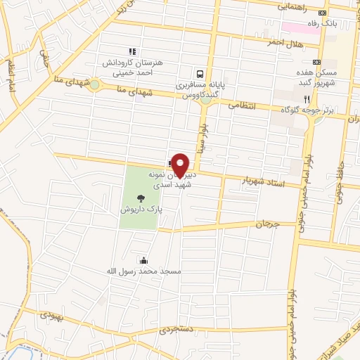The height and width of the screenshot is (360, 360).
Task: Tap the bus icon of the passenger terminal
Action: click(x=200, y=73)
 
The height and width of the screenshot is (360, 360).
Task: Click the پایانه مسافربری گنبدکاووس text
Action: click(x=200, y=87)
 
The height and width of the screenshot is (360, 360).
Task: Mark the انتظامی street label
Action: click(x=245, y=105)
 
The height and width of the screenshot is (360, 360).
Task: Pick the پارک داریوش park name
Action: click(x=141, y=209)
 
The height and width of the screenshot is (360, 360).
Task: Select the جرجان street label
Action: click(x=267, y=224)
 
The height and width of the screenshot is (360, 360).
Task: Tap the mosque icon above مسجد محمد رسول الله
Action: click(x=144, y=259)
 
